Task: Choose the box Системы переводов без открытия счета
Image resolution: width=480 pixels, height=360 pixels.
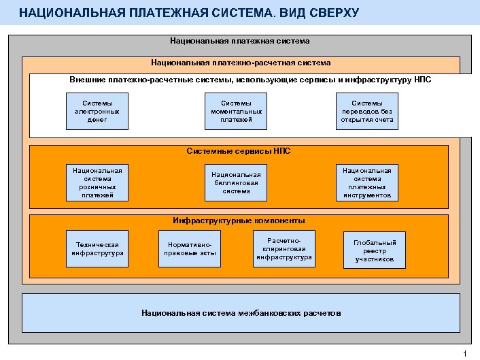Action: [367, 112]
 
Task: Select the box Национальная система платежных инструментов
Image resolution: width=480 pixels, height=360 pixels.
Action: [367, 183]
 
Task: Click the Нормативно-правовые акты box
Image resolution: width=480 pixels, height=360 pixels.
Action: [190, 250]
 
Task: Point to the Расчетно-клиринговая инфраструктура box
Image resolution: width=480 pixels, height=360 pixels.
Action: [284, 248]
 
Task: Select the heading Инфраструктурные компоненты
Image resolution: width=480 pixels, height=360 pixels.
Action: [239, 220]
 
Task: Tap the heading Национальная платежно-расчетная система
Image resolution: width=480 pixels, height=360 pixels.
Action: [241, 63]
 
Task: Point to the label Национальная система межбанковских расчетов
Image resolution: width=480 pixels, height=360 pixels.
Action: [241, 313]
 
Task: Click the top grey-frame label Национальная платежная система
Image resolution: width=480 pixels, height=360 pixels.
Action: [240, 42]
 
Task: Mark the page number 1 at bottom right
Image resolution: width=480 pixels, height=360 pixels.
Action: [464, 353]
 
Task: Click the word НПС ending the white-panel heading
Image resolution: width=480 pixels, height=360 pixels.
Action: [422, 80]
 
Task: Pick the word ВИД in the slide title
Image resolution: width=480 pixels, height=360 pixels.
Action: [274, 13]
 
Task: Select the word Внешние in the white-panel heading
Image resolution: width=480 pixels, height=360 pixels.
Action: [86, 80]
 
